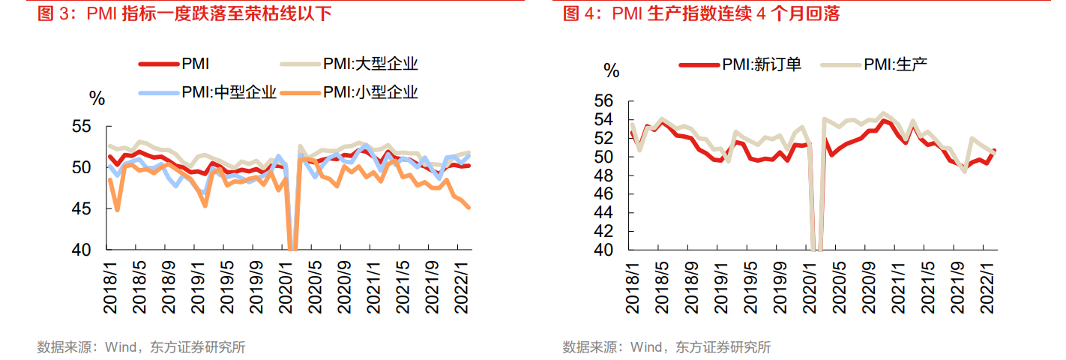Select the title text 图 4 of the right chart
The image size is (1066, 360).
click(x=582, y=13)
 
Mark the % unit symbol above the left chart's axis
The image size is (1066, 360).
click(x=97, y=98)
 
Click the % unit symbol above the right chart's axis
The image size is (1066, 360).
click(x=612, y=71)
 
